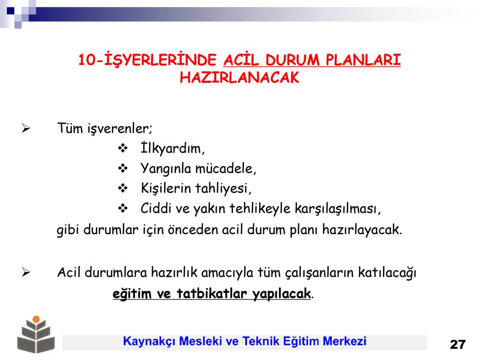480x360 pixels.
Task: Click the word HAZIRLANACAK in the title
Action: pyautogui.click(x=240, y=77)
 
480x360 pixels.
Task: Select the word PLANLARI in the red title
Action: pyautogui.click(x=363, y=60)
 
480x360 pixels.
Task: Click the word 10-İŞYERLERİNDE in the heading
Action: pyautogui.click(x=147, y=60)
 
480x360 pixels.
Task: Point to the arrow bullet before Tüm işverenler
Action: pyautogui.click(x=26, y=128)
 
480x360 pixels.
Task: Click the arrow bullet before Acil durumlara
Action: pyautogui.click(x=26, y=272)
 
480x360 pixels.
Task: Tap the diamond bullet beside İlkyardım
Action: pyautogui.click(x=123, y=148)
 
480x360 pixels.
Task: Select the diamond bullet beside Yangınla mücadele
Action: pyautogui.click(x=123, y=168)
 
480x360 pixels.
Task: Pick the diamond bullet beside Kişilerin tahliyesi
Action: pyautogui.click(x=123, y=188)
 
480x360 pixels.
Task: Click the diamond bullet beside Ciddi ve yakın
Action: pyautogui.click(x=123, y=208)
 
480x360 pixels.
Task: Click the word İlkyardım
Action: pyautogui.click(x=172, y=149)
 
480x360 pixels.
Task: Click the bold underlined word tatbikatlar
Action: pyautogui.click(x=212, y=293)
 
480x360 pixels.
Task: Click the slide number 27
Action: pyautogui.click(x=457, y=345)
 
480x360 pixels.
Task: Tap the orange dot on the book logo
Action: pyautogui.click(x=36, y=319)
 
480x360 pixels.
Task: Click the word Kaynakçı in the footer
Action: pyautogui.click(x=149, y=341)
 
